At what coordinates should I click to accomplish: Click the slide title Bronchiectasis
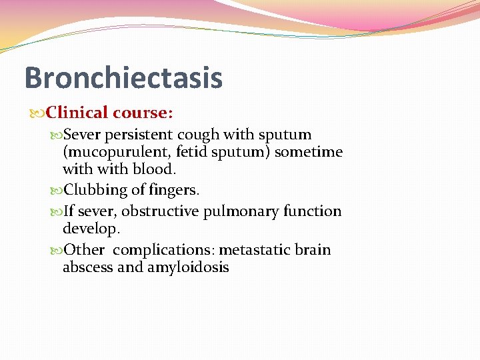123,77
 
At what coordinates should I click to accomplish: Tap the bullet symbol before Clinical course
39,113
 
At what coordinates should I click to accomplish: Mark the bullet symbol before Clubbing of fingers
57,191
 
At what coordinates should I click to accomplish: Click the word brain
314,250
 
